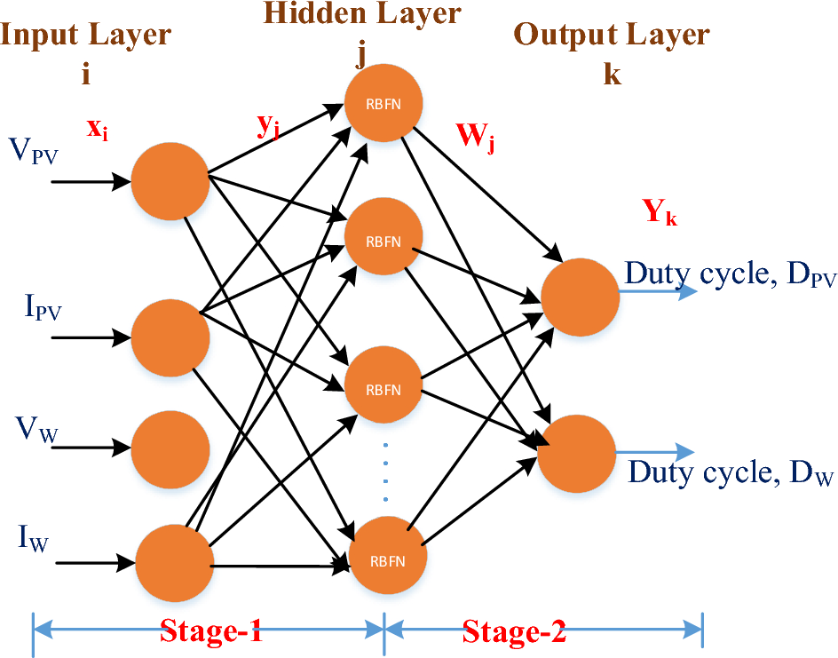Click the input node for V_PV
click(x=170, y=180)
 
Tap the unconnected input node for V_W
click(x=170, y=444)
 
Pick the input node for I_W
click(x=175, y=562)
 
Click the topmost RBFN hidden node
click(x=384, y=102)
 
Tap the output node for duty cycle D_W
click(x=579, y=453)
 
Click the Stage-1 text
click(x=211, y=633)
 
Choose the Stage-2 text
click(x=514, y=633)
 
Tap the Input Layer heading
click(x=86, y=36)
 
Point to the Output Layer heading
click(x=613, y=36)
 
